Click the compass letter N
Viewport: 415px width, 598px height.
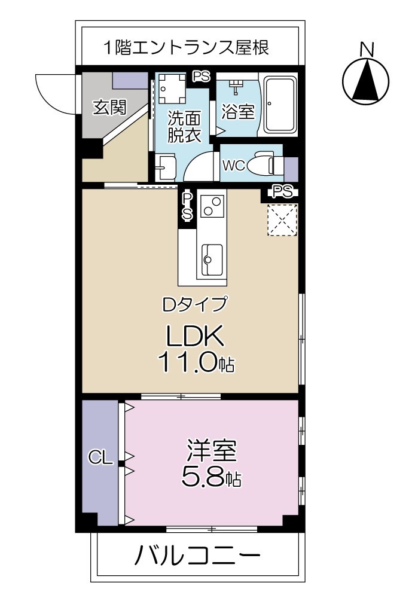coord(368,49)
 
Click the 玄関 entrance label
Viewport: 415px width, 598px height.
coord(109,108)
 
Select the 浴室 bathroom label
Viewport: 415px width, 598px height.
coord(238,111)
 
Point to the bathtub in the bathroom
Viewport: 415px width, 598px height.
coord(280,105)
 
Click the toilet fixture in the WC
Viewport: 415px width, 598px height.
coord(264,164)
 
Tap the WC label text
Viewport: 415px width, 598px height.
coord(233,166)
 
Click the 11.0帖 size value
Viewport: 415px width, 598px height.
coord(196,363)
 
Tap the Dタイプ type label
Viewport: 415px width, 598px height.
coord(196,304)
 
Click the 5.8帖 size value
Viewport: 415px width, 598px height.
coord(212,477)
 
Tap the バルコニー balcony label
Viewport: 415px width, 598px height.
coord(197,558)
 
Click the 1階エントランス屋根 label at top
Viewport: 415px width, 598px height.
coord(185,47)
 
